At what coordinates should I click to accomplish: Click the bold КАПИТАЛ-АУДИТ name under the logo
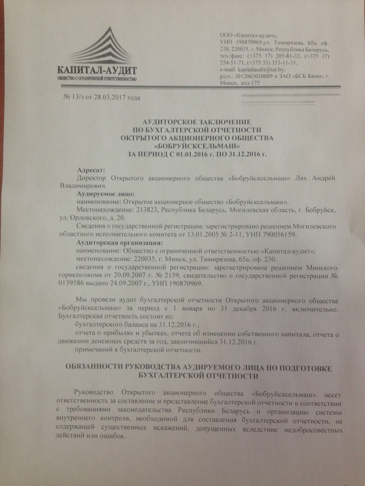pos(97,69)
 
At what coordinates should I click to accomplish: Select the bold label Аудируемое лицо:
pos(106,194)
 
